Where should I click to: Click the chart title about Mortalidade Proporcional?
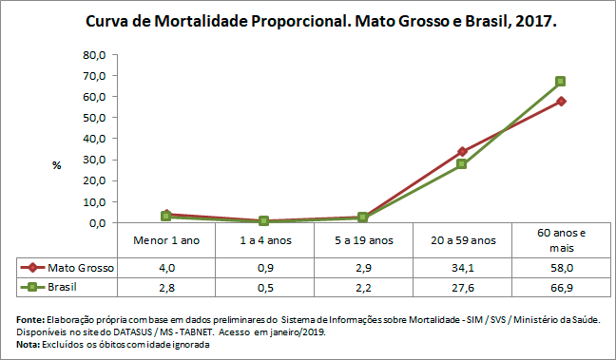(320, 20)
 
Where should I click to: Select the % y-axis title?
(57, 165)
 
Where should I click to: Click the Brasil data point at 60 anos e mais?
(561, 82)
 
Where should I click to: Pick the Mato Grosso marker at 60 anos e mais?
(561, 101)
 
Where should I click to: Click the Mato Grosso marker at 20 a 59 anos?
(462, 151)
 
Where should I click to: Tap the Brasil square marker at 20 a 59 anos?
(462, 164)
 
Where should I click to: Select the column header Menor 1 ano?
(165, 239)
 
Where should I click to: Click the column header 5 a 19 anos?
(362, 239)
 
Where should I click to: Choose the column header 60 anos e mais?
(561, 239)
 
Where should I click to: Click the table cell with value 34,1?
(462, 268)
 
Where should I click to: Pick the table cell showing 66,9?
(561, 286)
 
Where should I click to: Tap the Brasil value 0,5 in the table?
(263, 286)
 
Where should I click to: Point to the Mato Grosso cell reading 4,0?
(165, 268)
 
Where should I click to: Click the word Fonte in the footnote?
(30, 320)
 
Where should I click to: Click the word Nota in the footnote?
(29, 344)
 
